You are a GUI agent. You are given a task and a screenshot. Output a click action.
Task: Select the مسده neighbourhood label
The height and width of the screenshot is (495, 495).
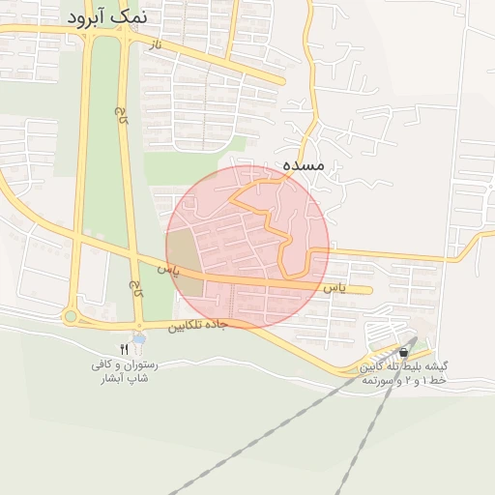(x=303, y=166)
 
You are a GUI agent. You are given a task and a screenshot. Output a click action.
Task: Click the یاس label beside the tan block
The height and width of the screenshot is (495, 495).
(x=171, y=263)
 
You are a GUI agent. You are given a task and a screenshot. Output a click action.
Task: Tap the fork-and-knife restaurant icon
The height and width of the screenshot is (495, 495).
(x=124, y=349)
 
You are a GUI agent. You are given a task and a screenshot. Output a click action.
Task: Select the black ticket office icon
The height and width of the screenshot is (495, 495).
(x=402, y=354)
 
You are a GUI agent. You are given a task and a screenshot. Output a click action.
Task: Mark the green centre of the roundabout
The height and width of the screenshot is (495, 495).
(x=70, y=316)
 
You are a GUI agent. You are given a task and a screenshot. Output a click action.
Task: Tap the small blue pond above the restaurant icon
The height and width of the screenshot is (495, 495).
(x=139, y=338)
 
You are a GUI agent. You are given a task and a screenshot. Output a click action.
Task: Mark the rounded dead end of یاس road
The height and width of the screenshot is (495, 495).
(x=368, y=289)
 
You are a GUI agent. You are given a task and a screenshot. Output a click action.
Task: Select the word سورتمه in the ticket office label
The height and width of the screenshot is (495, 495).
(x=376, y=381)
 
